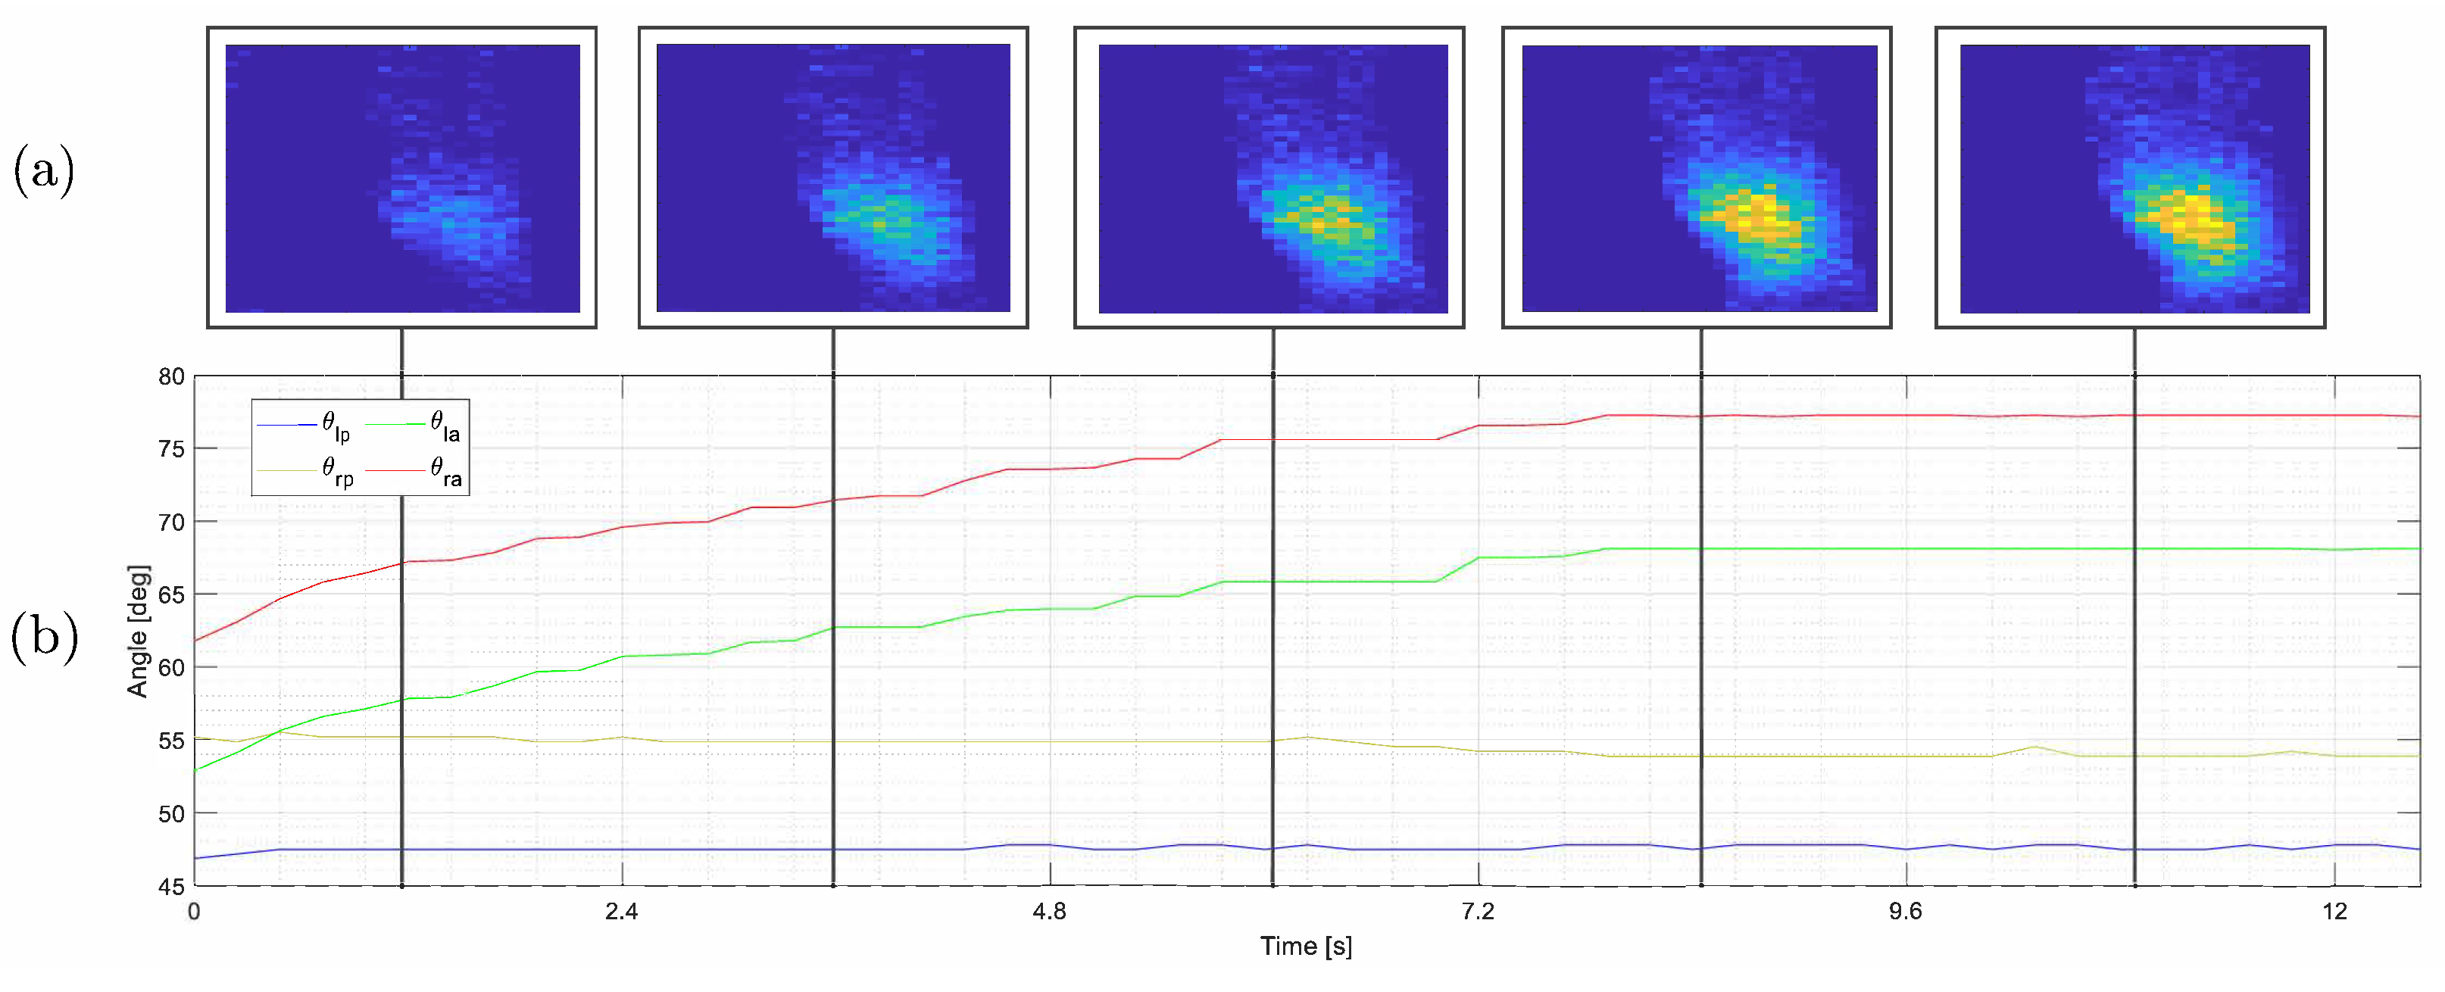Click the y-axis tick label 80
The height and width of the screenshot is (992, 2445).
click(171, 377)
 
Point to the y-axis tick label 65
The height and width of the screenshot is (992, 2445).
click(171, 595)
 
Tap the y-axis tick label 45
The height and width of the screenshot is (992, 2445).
click(171, 887)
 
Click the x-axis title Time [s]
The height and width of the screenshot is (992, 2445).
click(1306, 947)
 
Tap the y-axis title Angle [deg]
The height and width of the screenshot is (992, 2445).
click(138, 632)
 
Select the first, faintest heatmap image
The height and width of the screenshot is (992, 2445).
click(402, 179)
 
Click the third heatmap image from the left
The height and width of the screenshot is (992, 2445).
click(1272, 179)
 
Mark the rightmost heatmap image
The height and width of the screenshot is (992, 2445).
click(2134, 179)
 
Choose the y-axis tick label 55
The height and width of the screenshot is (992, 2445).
click(171, 741)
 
